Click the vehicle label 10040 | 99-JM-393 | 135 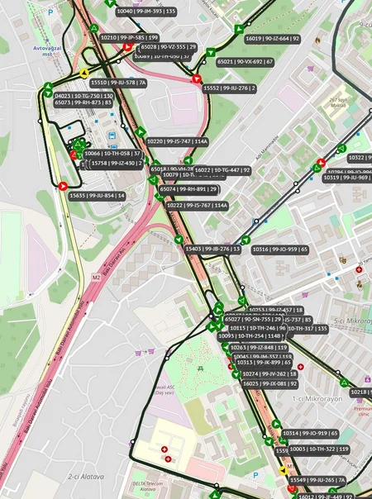point(146,12)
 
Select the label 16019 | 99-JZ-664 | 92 point(272,38)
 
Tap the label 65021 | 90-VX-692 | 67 point(246,61)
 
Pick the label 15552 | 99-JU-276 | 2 point(230,88)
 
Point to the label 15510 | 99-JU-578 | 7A point(117,83)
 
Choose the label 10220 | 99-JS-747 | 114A point(177,141)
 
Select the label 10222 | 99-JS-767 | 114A point(197,205)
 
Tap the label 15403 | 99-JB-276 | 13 point(212,249)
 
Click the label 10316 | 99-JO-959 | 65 point(279,249)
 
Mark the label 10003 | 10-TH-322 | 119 point(319,449)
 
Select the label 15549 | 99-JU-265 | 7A point(317,480)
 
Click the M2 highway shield point(96,278)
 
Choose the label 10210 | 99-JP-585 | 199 point(129,37)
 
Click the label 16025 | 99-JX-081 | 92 point(269,384)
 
